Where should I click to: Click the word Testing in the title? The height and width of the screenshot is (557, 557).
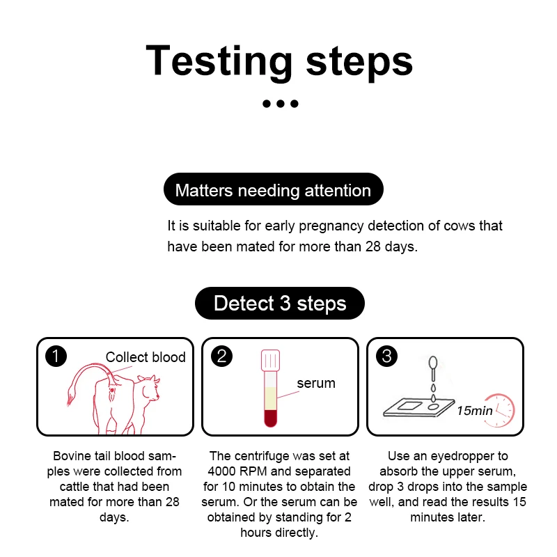(219, 61)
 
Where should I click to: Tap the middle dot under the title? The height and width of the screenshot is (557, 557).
(281, 104)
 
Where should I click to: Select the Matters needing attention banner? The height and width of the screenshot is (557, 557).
(273, 189)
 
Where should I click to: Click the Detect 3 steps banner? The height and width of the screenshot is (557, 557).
(280, 303)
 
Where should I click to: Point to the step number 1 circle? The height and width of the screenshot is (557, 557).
(56, 356)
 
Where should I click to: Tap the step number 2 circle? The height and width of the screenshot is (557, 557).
(221, 356)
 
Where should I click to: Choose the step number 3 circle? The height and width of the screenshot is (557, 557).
(386, 356)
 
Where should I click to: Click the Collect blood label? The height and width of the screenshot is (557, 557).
(146, 357)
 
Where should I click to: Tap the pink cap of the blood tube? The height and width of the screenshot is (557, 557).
(270, 360)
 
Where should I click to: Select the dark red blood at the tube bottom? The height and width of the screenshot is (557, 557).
(270, 418)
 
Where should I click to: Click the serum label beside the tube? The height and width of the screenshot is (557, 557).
(316, 384)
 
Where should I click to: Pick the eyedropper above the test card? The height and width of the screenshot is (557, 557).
(433, 368)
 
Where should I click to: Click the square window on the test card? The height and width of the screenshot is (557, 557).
(409, 405)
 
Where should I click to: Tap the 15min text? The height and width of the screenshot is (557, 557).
(475, 411)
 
